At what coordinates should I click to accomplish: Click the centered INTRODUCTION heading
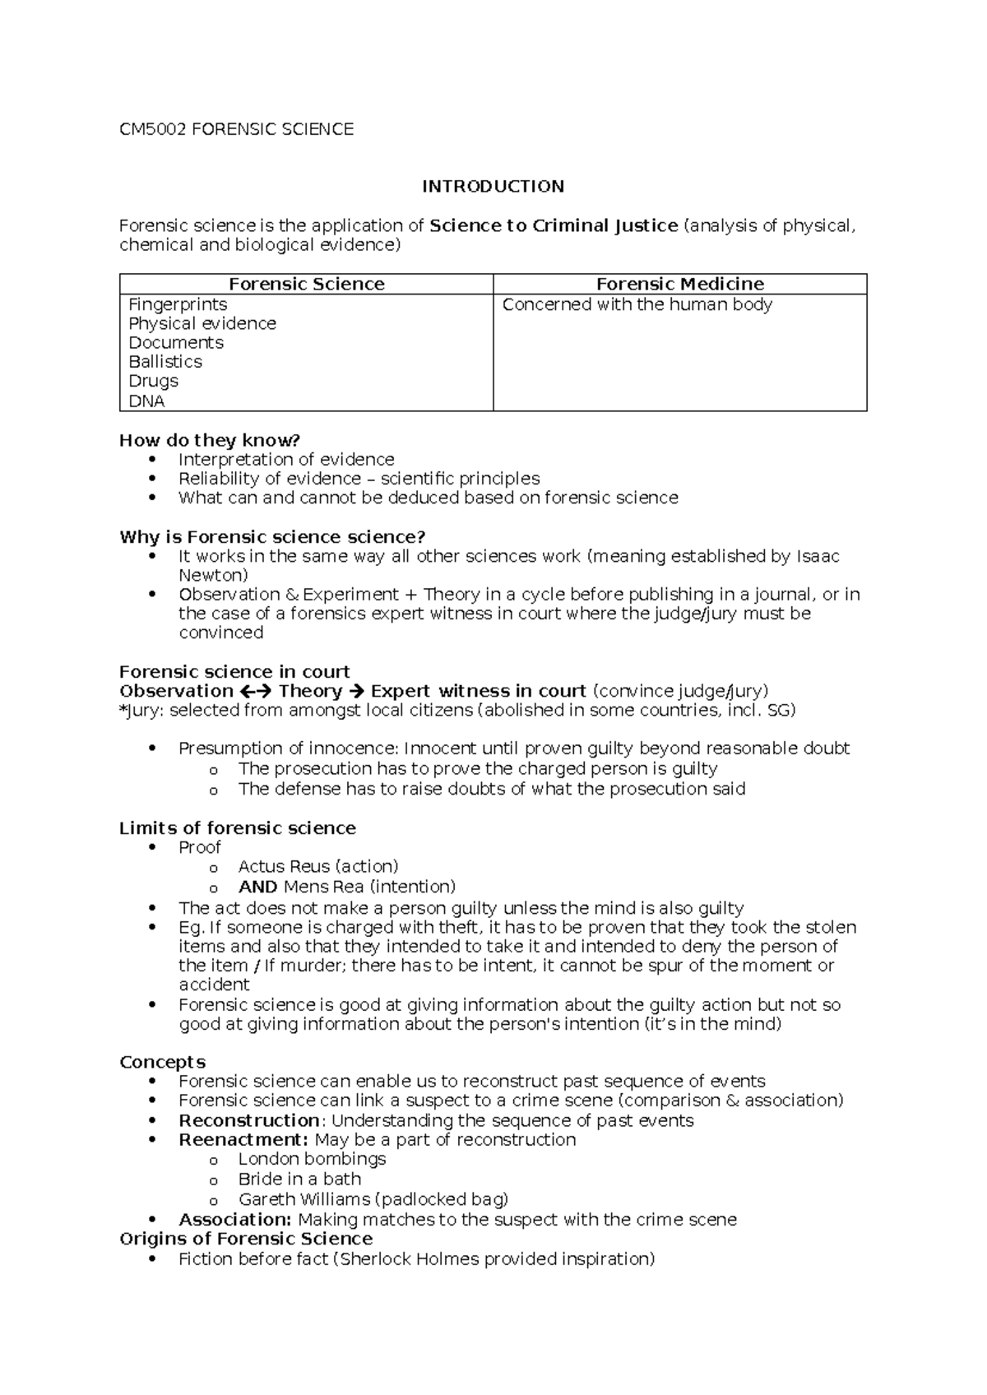tap(493, 187)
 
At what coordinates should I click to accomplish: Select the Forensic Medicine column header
tap(679, 285)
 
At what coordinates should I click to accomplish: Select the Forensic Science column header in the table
tap(306, 285)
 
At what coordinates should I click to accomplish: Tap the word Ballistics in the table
tap(165, 362)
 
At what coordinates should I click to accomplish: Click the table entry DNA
tap(146, 401)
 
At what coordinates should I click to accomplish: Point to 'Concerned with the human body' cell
tap(637, 304)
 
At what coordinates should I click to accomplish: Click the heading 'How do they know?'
tap(210, 440)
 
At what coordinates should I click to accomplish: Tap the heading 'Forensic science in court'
tap(234, 672)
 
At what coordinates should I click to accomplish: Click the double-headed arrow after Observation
tap(256, 692)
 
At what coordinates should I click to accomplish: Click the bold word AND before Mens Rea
tap(257, 887)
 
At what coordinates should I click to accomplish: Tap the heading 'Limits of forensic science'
tap(237, 828)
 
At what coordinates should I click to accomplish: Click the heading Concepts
tap(162, 1062)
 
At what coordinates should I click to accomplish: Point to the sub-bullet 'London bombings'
tap(312, 1159)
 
